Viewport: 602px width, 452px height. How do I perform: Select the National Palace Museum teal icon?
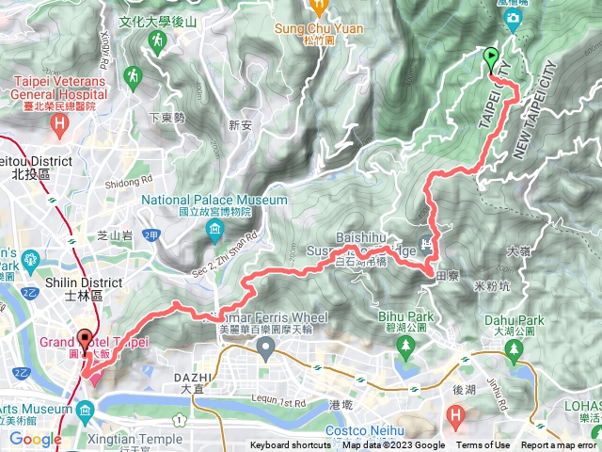tap(215, 230)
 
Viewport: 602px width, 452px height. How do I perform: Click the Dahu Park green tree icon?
tap(513, 351)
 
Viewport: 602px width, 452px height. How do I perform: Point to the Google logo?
tap(35, 439)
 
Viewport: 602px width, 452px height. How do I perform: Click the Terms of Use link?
tap(483, 445)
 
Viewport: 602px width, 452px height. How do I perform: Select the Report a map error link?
tap(559, 445)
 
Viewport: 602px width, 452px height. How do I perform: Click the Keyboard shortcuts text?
tap(291, 445)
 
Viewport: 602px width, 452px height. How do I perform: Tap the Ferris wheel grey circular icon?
tap(266, 352)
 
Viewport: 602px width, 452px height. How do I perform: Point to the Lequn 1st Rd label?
tap(279, 402)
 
